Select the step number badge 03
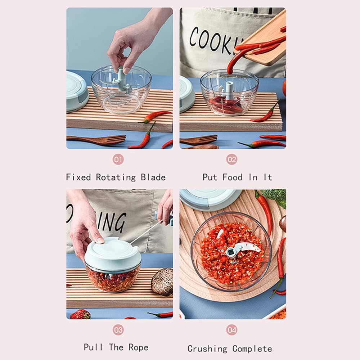[118, 330]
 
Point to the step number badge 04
[231, 330]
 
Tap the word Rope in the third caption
[138, 347]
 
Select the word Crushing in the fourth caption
[208, 348]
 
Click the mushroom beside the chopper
[162, 282]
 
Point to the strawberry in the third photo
[80, 314]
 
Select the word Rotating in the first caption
[116, 177]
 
